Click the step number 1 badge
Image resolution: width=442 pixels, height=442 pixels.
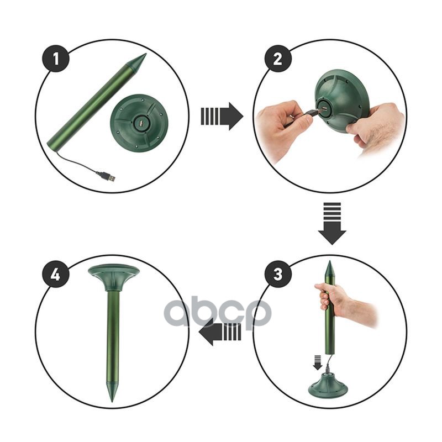[56, 59]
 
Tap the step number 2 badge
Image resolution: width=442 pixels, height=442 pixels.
[278, 59]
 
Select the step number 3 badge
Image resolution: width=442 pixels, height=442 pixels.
[278, 274]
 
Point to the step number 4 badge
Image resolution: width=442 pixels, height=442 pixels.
[56, 274]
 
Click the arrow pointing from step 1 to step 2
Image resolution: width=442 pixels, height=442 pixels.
[222, 116]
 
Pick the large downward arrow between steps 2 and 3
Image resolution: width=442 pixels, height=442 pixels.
[332, 223]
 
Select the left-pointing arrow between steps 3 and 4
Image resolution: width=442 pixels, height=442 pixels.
[220, 331]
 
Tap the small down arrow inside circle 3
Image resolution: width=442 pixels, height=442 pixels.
[318, 362]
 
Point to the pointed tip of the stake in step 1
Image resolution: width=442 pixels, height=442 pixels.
[146, 54]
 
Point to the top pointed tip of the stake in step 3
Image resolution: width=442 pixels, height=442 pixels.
[329, 261]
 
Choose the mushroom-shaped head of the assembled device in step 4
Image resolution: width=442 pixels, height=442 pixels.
[114, 277]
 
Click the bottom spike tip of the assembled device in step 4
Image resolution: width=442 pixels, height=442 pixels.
[113, 401]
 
